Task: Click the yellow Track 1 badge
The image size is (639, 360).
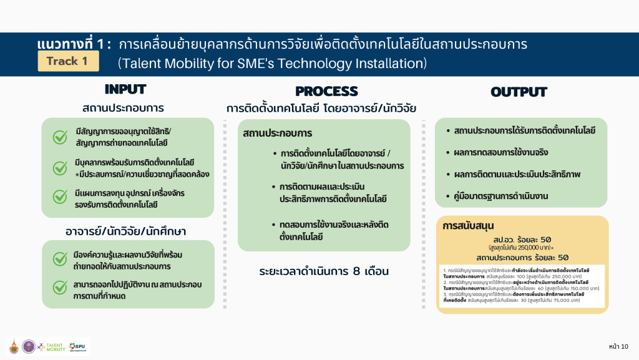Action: click(67, 61)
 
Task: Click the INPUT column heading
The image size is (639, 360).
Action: click(125, 89)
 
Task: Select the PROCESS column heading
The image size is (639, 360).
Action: click(326, 91)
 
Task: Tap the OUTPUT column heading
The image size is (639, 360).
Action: click(519, 92)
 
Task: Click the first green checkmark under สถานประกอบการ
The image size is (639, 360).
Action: click(60, 136)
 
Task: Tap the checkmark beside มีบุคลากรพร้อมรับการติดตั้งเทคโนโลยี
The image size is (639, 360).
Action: click(60, 167)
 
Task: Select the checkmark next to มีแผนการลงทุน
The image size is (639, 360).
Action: click(60, 197)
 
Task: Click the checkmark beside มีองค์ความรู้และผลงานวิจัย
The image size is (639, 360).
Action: click(60, 257)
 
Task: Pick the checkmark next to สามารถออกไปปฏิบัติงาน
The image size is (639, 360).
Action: click(60, 286)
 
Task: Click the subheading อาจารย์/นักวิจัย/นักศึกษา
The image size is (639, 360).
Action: click(126, 231)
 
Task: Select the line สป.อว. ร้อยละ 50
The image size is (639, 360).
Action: click(522, 239)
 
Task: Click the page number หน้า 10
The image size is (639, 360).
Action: click(618, 346)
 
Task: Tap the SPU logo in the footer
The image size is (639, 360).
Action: click(78, 346)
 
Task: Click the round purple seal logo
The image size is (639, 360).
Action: click(29, 347)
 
